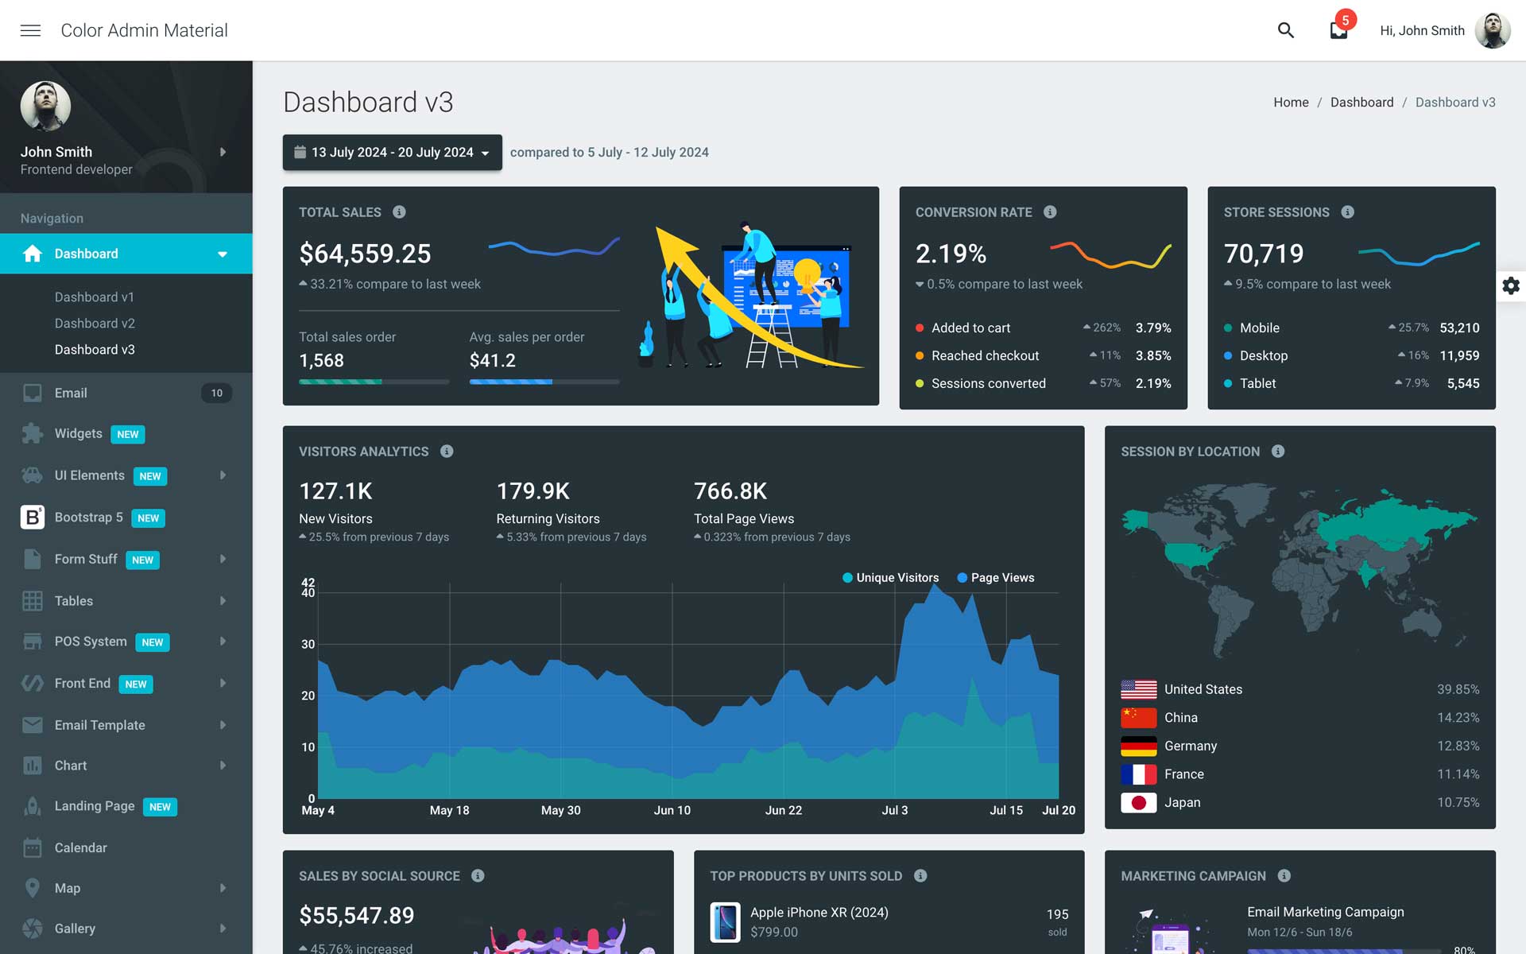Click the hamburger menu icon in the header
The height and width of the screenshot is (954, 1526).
pyautogui.click(x=30, y=30)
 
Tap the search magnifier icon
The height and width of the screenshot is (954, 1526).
pyautogui.click(x=1285, y=30)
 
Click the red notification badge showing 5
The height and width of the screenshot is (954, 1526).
pyautogui.click(x=1345, y=20)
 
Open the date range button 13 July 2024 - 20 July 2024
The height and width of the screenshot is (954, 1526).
pyautogui.click(x=392, y=152)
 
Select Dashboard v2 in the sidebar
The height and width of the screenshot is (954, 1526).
pyautogui.click(x=95, y=324)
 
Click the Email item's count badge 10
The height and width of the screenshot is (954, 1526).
pyautogui.click(x=216, y=393)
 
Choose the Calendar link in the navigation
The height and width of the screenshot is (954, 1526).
pyautogui.click(x=80, y=847)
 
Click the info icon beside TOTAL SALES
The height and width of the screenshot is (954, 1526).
pyautogui.click(x=399, y=212)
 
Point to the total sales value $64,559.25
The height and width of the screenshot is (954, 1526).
pyautogui.click(x=365, y=254)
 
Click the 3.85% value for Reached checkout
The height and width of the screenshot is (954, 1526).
pyautogui.click(x=1152, y=355)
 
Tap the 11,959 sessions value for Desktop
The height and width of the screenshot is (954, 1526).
pyautogui.click(x=1458, y=355)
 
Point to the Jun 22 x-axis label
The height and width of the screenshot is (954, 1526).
pyautogui.click(x=783, y=810)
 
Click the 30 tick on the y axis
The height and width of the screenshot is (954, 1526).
pyautogui.click(x=308, y=644)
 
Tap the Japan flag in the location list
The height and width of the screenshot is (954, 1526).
pyautogui.click(x=1138, y=802)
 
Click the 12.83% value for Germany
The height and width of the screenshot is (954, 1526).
pyautogui.click(x=1458, y=746)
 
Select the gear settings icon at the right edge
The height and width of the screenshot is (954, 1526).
pyautogui.click(x=1510, y=285)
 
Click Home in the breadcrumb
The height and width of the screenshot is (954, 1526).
pyautogui.click(x=1290, y=103)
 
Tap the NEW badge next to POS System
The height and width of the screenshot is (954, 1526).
pyautogui.click(x=152, y=642)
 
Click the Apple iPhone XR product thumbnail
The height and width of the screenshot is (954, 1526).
pyautogui.click(x=725, y=921)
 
